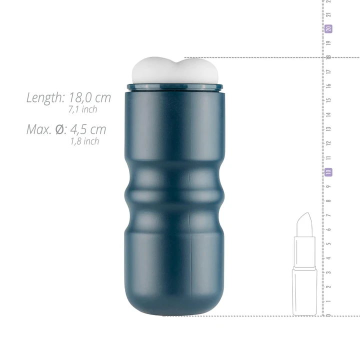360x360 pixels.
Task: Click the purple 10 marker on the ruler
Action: click(328, 172)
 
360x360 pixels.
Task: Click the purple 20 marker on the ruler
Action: click(328, 29)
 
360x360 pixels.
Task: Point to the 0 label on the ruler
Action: click(328, 315)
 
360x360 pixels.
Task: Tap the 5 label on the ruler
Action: click(328, 243)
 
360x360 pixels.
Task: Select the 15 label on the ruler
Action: click(328, 100)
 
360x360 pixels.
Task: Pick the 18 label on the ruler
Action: click(328, 57)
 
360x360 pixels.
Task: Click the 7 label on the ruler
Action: click(328, 215)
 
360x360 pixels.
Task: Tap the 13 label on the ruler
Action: click(328, 129)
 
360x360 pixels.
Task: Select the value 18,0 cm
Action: click(90, 98)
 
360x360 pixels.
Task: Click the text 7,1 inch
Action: click(82, 109)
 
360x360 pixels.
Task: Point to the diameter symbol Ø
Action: click(59, 130)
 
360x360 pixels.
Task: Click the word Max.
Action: click(38, 130)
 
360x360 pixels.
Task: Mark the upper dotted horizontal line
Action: click(250, 58)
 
